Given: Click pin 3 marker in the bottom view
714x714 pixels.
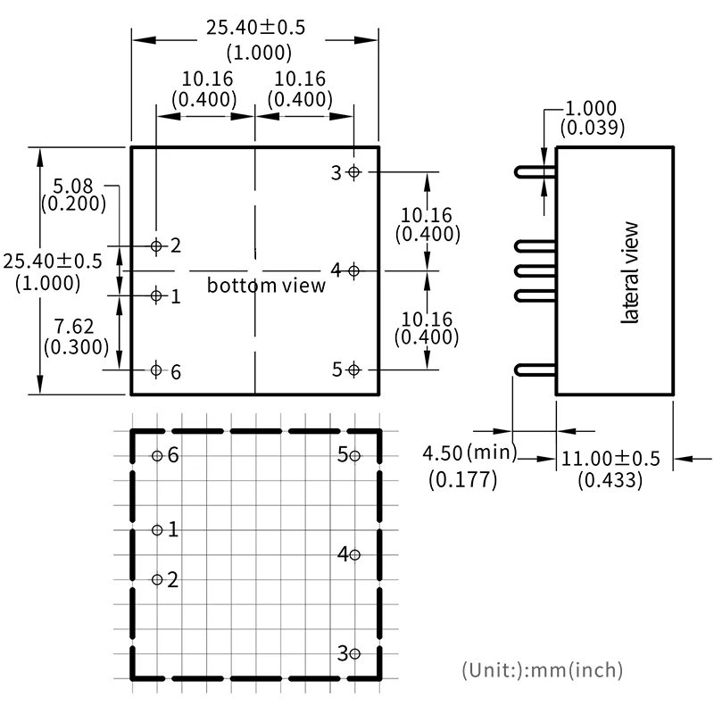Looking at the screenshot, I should tap(354, 172).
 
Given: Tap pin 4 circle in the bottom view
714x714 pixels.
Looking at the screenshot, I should tap(354, 270).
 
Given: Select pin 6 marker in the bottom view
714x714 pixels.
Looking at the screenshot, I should tap(157, 369).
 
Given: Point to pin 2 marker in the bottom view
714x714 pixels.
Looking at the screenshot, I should tap(157, 245).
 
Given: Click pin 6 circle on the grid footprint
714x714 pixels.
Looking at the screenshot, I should tap(157, 456).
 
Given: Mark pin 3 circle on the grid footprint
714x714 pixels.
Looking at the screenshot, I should tap(354, 653).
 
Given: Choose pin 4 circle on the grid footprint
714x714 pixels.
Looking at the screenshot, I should tap(354, 554).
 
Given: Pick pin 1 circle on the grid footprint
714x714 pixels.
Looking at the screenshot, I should tap(157, 530).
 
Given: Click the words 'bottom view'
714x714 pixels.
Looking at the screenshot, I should tap(266, 286).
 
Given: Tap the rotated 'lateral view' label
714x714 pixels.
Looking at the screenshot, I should tap(629, 271).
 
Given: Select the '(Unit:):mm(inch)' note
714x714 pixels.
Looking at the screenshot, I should tap(542, 669).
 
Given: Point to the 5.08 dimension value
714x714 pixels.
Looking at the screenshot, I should tap(73, 186).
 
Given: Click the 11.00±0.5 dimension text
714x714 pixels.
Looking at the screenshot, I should tap(610, 459).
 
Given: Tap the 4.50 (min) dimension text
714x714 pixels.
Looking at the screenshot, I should tap(469, 453).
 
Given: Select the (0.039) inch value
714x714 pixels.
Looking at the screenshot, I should tap(592, 128).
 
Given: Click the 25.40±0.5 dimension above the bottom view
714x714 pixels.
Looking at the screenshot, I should tap(255, 28).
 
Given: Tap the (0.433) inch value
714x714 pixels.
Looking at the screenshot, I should tap(610, 480).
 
